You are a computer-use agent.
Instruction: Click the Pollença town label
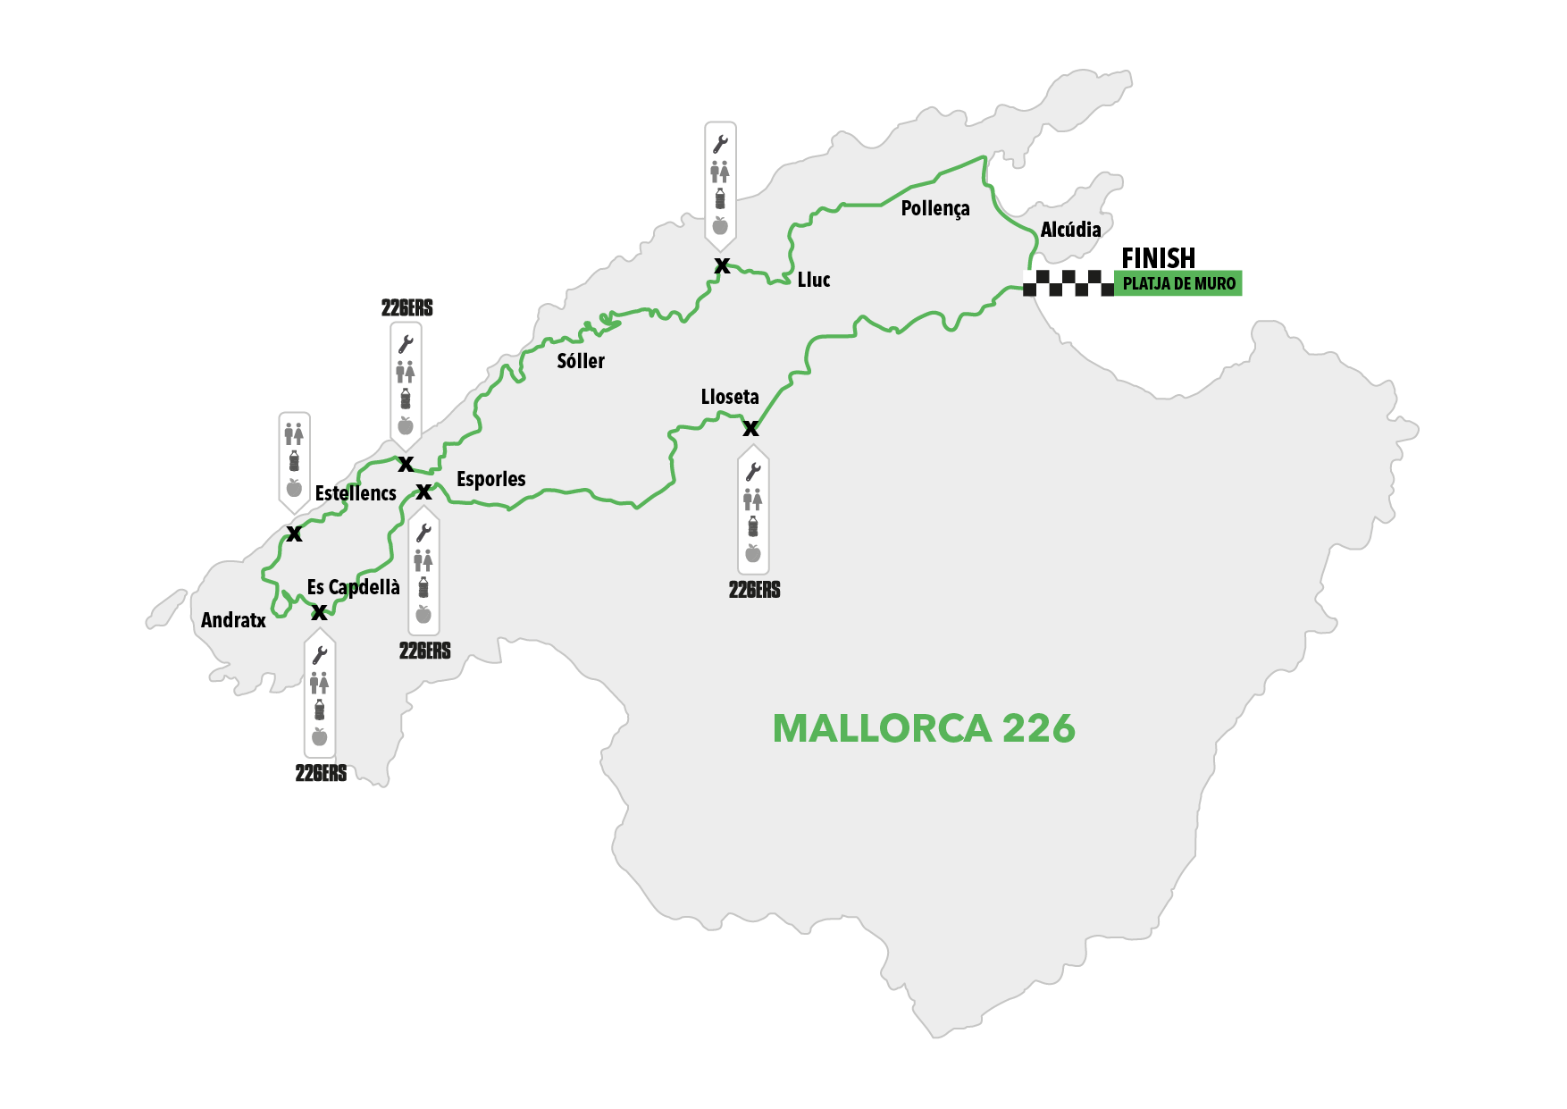pyautogui.click(x=934, y=209)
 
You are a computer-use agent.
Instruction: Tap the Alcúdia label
pyautogui.click(x=1070, y=230)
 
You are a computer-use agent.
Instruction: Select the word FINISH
pyautogui.click(x=1158, y=258)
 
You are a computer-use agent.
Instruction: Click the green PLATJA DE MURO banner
pyautogui.click(x=1178, y=284)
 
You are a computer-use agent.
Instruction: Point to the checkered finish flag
pyautogui.click(x=1068, y=283)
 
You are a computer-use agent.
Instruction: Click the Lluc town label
pyautogui.click(x=813, y=280)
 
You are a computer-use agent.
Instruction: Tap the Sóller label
pyautogui.click(x=581, y=361)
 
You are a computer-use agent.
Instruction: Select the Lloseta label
pyautogui.click(x=730, y=397)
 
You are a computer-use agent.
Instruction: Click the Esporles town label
pyautogui.click(x=490, y=479)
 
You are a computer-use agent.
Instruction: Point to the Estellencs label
pyautogui.click(x=356, y=493)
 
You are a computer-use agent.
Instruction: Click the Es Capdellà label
pyautogui.click(x=353, y=587)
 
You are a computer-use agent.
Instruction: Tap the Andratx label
pyautogui.click(x=233, y=620)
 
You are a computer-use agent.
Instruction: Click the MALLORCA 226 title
pyautogui.click(x=924, y=729)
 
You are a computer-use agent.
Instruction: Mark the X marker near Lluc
pyautogui.click(x=722, y=265)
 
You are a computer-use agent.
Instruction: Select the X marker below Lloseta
pyautogui.click(x=751, y=429)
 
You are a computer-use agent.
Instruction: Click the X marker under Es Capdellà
pyautogui.click(x=319, y=613)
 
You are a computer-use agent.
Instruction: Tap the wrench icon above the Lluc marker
pyautogui.click(x=720, y=144)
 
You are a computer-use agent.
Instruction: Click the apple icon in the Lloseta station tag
pyautogui.click(x=753, y=553)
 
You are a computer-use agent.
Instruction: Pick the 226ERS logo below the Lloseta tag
pyautogui.click(x=754, y=590)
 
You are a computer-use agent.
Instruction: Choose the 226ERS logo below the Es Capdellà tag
pyautogui.click(x=321, y=774)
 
